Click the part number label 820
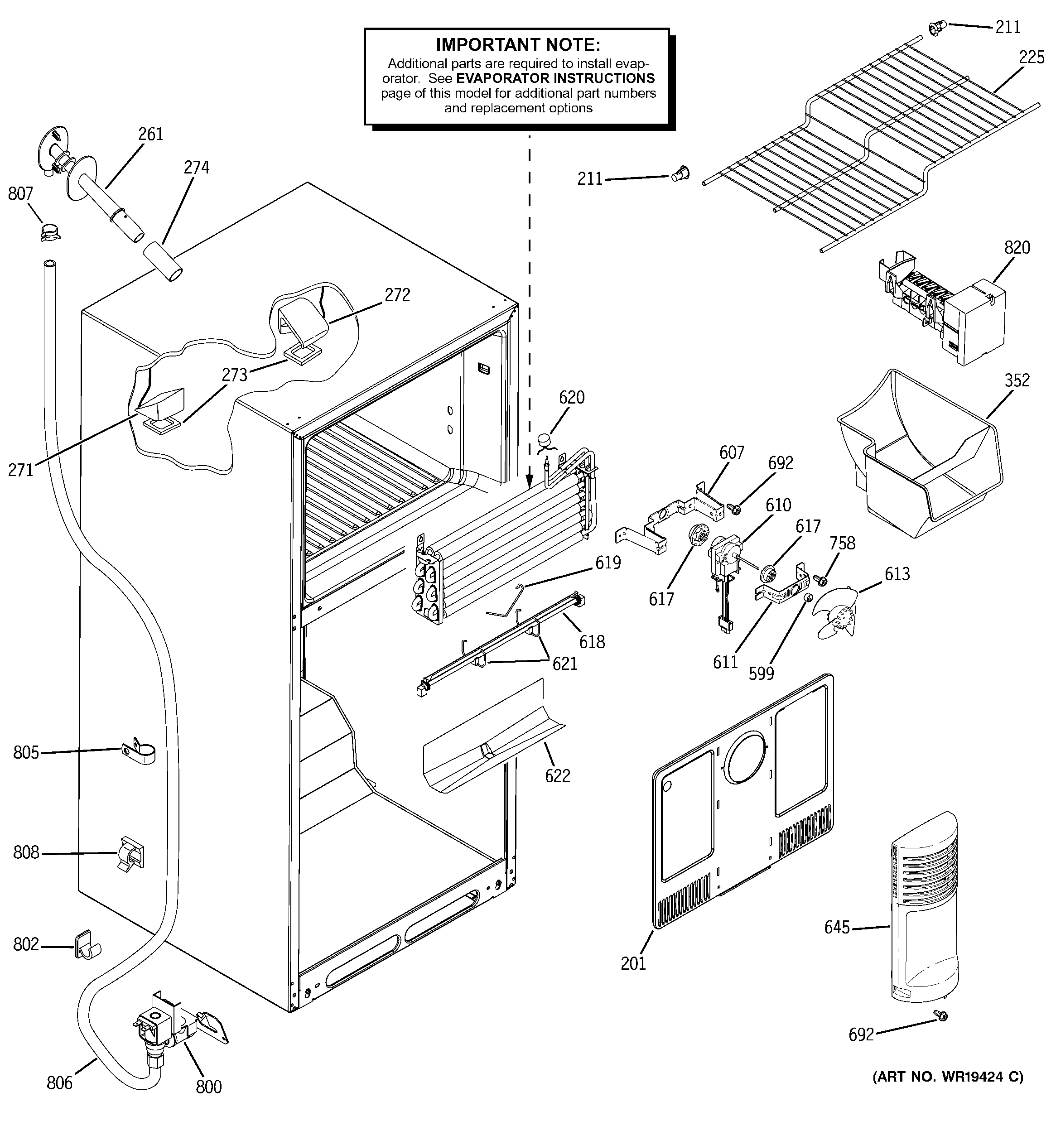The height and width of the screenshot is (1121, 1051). point(1017,248)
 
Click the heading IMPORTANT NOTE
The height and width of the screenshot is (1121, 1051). point(518,44)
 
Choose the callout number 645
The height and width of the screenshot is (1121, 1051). point(837,927)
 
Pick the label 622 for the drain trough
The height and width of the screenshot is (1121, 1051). point(557,776)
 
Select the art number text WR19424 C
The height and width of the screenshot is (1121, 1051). point(948,1077)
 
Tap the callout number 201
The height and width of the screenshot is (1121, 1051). point(633,963)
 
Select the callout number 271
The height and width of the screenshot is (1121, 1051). point(21,469)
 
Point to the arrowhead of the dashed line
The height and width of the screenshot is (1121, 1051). point(529,482)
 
